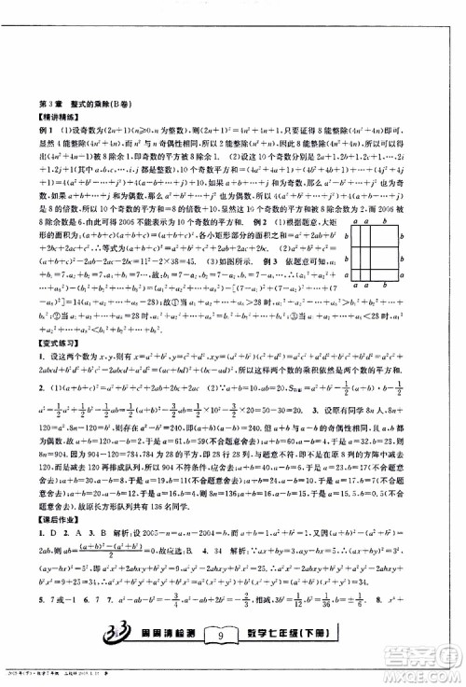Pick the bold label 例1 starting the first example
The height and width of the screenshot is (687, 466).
point(42,137)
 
